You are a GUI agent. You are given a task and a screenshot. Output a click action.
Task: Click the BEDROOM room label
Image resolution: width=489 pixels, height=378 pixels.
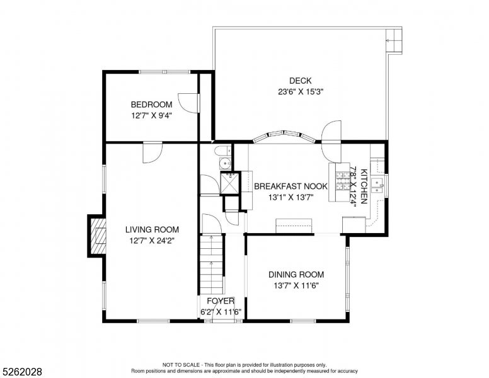(x=152, y=105)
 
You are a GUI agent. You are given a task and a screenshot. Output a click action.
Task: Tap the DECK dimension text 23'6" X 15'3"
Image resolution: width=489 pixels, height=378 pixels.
(x=301, y=92)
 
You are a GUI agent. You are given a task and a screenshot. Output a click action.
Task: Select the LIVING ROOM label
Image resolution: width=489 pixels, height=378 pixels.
(x=152, y=230)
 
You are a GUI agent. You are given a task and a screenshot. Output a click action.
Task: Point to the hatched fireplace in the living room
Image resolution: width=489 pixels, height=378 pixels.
(x=98, y=236)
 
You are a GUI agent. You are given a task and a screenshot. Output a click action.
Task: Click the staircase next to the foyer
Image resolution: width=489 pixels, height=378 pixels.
(x=212, y=265)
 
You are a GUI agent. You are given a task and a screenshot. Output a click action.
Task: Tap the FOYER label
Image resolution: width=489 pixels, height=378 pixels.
(x=221, y=301)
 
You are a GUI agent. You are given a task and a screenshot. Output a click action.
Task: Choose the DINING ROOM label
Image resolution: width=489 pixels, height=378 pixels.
(x=296, y=275)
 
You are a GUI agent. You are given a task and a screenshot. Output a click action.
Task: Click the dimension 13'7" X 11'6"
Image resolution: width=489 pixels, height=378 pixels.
(x=296, y=285)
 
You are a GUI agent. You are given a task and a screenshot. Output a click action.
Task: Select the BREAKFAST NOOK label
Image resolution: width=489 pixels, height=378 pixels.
(x=291, y=186)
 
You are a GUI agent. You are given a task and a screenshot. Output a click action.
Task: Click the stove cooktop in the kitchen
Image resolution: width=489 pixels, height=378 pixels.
(x=343, y=181)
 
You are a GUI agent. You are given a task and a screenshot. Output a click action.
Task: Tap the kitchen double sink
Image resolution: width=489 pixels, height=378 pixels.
(x=378, y=185)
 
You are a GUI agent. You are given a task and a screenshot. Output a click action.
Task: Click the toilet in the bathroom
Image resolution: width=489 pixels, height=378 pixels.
(x=222, y=151)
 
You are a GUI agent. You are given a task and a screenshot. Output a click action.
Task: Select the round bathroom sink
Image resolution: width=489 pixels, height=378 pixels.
(x=224, y=163)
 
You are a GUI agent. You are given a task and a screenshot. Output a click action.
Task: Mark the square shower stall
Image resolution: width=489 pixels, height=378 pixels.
(x=230, y=183)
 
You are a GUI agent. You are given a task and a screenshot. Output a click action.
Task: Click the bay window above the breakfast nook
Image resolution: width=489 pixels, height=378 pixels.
(x=284, y=136)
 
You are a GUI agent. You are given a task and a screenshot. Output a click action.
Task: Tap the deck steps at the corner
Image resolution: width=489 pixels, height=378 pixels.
(x=394, y=40)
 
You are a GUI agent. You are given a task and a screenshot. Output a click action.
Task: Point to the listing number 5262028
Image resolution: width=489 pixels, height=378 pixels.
(x=22, y=372)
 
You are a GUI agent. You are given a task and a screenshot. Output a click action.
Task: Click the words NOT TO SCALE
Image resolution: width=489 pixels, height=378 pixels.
(x=181, y=365)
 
